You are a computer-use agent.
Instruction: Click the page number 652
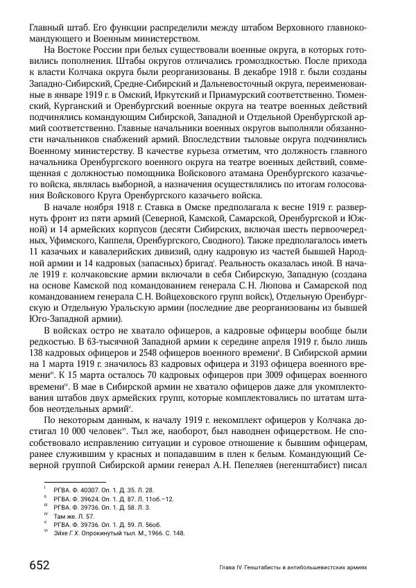pos(39,564)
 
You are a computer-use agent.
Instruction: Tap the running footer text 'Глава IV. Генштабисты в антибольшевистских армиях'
pos(288,567)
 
